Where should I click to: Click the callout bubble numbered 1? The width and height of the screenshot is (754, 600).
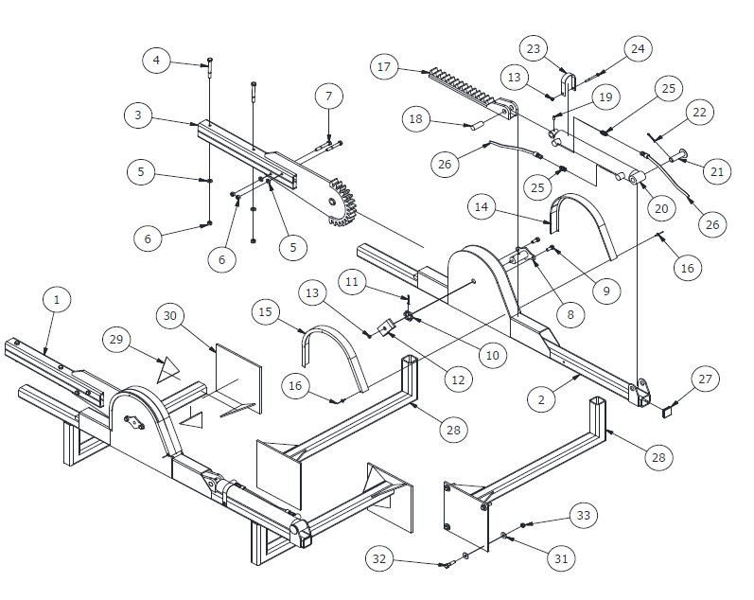pyautogui.click(x=57, y=300)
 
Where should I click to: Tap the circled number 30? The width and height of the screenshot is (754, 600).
pyautogui.click(x=170, y=314)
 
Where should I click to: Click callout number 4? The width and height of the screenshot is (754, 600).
pyautogui.click(x=158, y=61)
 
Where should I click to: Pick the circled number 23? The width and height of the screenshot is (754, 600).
pyautogui.click(x=534, y=47)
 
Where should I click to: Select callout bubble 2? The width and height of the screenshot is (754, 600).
pyautogui.click(x=542, y=400)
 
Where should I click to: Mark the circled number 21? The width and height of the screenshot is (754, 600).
pyautogui.click(x=716, y=171)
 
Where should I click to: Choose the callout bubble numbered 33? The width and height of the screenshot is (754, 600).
pyautogui.click(x=583, y=515)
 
